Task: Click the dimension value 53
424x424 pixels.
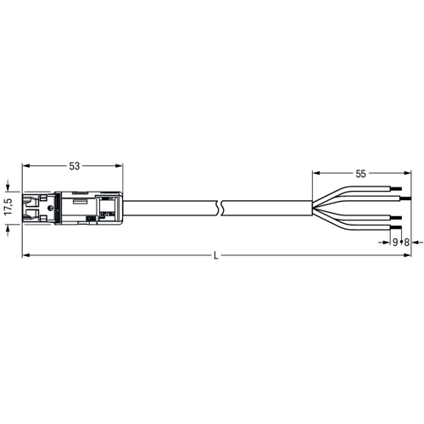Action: tap(75, 166)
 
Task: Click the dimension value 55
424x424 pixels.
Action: tap(360, 174)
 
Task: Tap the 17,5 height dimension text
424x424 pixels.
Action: tap(8, 207)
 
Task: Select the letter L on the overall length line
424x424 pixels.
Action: tap(216, 256)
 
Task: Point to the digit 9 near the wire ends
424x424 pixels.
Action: tap(395, 243)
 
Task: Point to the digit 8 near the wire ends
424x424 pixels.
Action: tap(406, 243)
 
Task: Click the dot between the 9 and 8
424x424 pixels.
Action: tap(401, 243)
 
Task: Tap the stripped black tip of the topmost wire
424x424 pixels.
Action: tap(396, 188)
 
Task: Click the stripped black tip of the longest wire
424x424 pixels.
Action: tap(405, 198)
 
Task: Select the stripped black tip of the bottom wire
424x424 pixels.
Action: tap(396, 227)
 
